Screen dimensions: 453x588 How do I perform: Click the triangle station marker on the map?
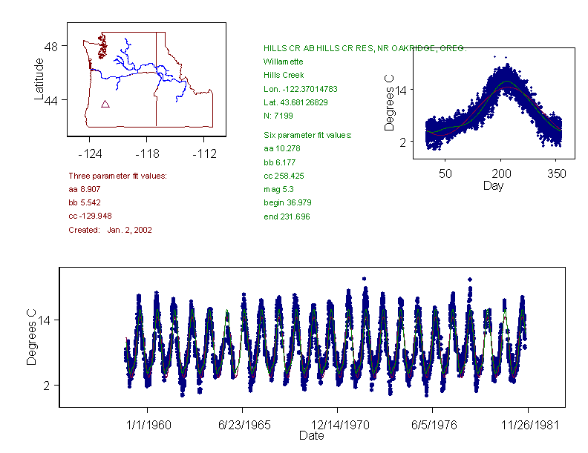105,105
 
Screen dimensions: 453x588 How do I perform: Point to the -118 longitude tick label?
146,153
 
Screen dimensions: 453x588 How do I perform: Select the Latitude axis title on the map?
39,79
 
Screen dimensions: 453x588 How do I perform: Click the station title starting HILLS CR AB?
365,48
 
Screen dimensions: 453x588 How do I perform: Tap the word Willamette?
283,62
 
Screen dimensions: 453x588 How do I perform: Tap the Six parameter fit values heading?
307,135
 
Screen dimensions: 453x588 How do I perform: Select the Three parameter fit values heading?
117,176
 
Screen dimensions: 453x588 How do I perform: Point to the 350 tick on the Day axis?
556,173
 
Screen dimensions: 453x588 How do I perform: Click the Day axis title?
493,185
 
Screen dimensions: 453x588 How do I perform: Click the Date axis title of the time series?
311,436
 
